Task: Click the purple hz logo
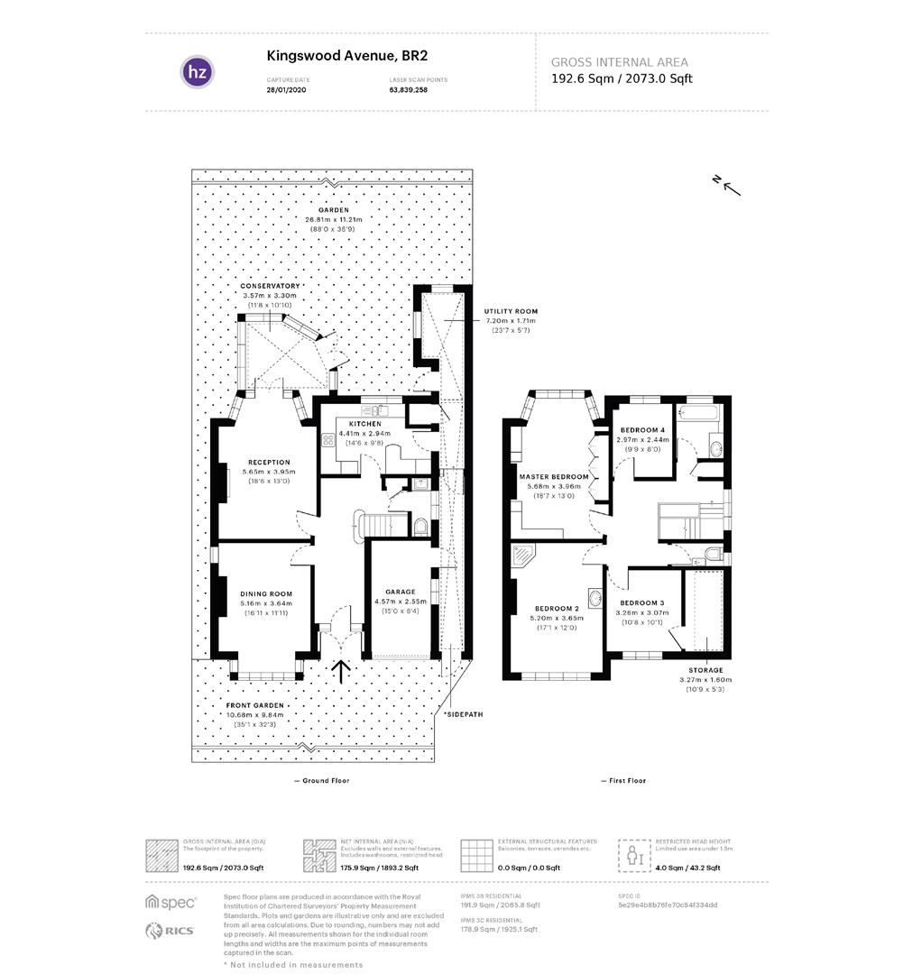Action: (198, 72)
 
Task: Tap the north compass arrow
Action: (730, 186)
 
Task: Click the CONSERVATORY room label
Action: (270, 286)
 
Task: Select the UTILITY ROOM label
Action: (511, 311)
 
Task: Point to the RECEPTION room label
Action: (270, 462)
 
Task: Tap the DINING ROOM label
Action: (266, 593)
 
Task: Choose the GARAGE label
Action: (400, 592)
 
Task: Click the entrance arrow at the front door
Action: (341, 671)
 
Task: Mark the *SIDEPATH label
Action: (463, 713)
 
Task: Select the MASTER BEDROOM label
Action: (553, 476)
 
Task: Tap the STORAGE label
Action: (705, 670)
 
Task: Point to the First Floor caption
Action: (622, 780)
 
